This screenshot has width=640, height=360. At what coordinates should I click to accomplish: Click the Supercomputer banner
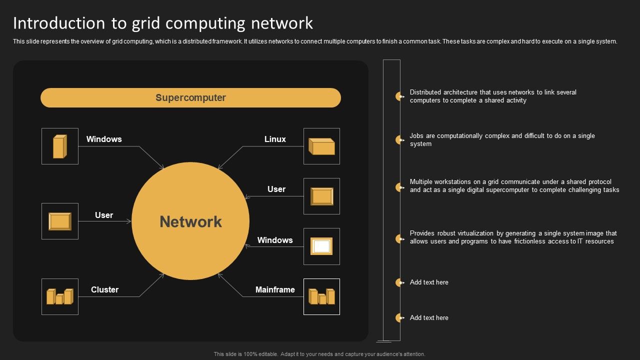[190, 97]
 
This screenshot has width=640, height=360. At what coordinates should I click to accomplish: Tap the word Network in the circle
[190, 221]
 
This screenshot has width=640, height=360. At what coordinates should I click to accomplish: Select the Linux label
[275, 139]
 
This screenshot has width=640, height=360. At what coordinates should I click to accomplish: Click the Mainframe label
[275, 289]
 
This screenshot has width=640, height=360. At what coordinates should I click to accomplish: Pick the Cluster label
[104, 289]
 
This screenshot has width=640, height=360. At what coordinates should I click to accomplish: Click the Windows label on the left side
[104, 139]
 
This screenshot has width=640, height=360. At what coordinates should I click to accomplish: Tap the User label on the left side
[104, 215]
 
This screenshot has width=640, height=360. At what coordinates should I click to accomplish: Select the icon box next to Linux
[321, 146]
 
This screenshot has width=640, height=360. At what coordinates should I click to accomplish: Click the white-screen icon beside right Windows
[321, 246]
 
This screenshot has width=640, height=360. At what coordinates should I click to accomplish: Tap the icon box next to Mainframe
[321, 296]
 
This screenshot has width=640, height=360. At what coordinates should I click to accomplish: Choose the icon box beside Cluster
[60, 296]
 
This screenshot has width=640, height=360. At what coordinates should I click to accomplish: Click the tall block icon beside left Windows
[60, 146]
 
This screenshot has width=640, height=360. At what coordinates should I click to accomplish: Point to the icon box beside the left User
[60, 221]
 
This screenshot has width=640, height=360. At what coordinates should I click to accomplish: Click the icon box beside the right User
[321, 196]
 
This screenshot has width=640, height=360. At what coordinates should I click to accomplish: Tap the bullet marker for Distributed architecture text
[399, 96]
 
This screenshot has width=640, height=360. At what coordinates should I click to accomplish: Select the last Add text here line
[429, 317]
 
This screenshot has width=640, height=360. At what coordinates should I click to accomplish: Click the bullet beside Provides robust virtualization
[399, 239]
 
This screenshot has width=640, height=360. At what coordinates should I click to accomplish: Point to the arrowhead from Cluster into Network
[163, 274]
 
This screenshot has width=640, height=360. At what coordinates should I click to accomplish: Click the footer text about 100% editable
[319, 354]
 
